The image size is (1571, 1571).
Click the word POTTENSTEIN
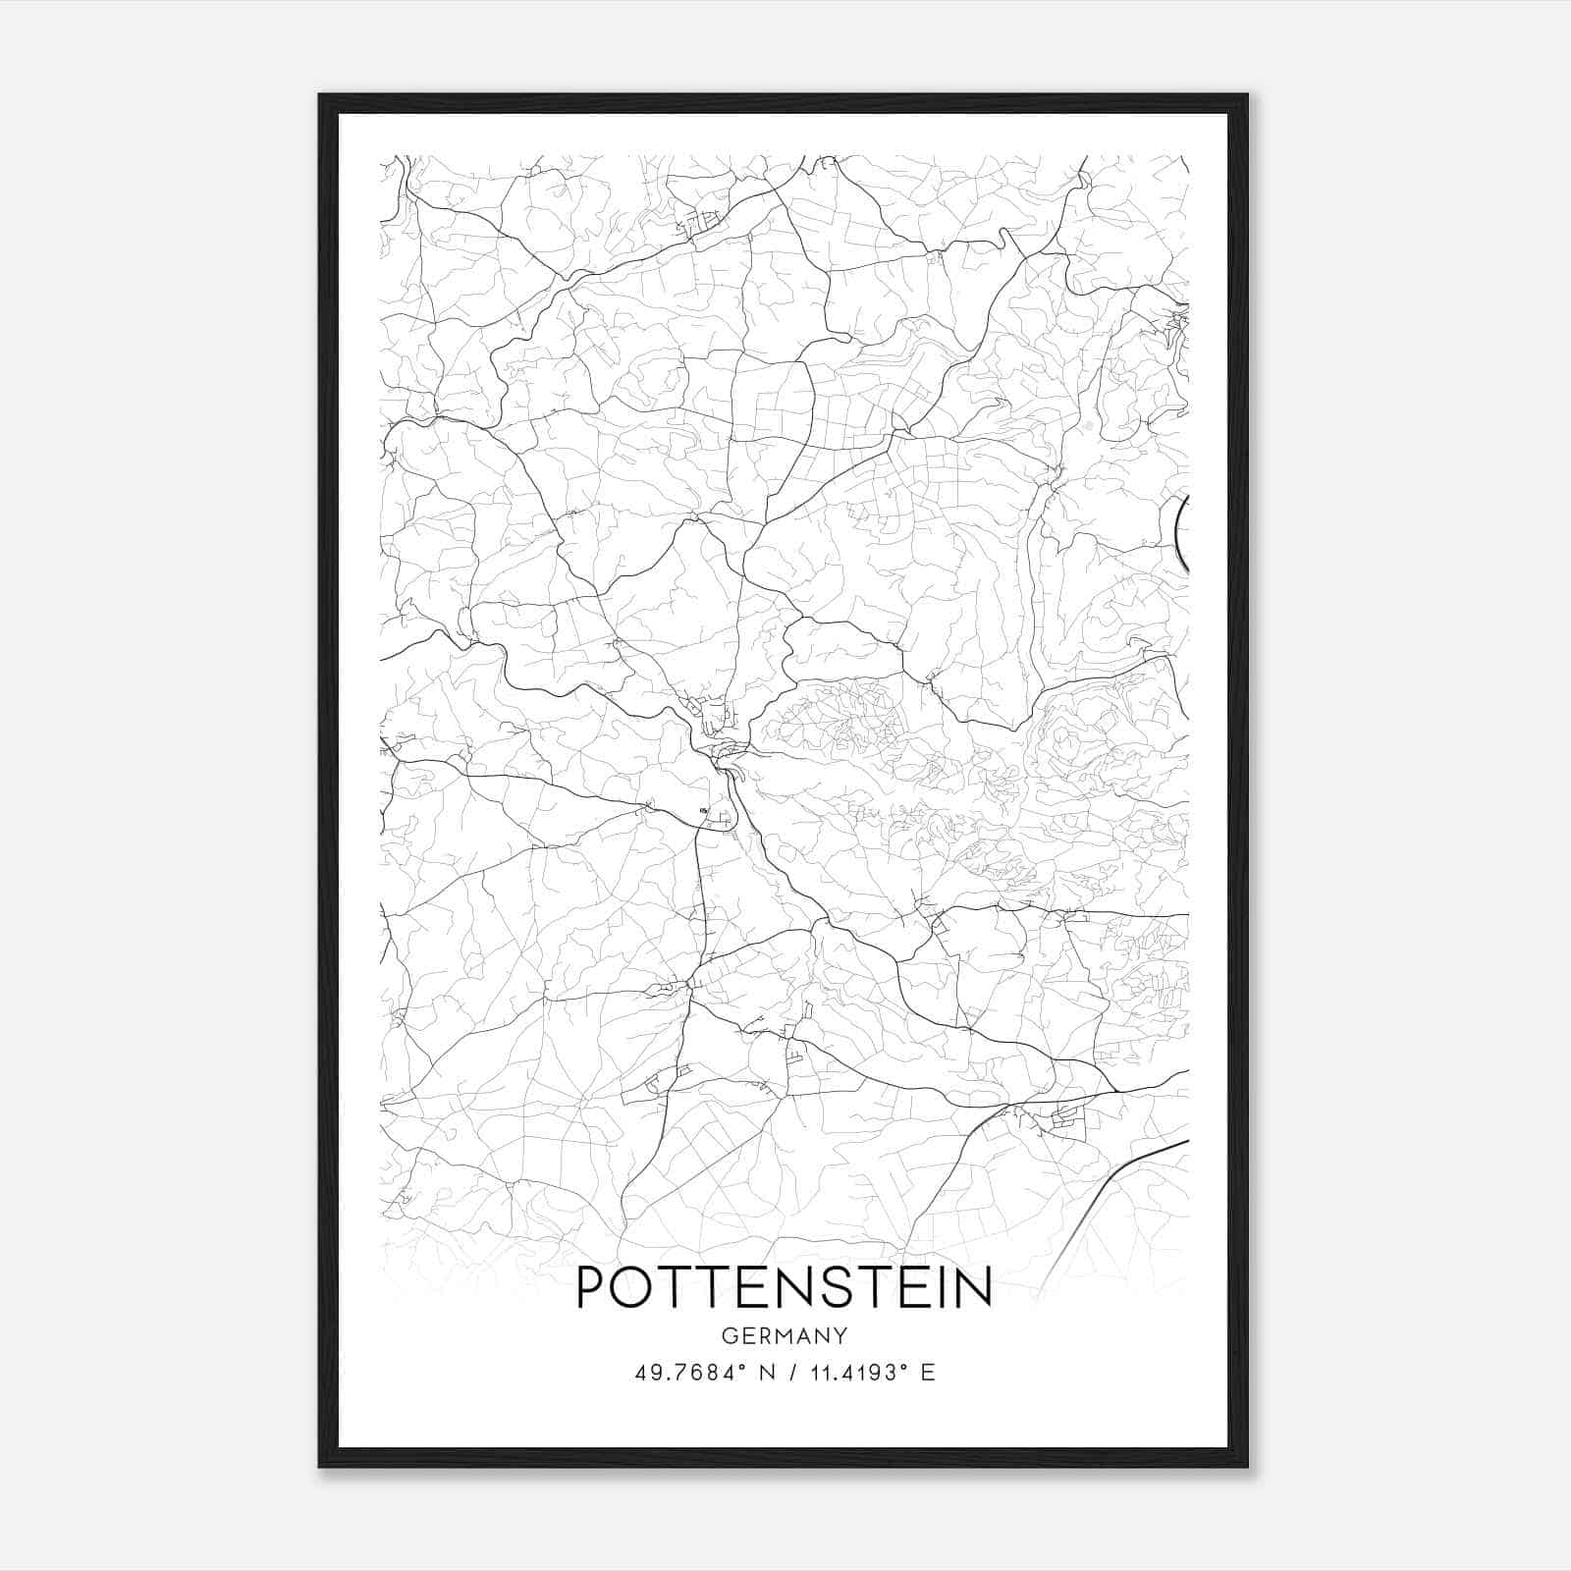784,1288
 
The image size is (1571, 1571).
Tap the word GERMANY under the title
785,1336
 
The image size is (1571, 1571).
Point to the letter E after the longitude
928,1373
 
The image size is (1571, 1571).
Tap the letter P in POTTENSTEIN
590,1288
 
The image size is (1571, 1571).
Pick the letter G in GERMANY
729,1336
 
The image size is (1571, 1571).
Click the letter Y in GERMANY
841,1336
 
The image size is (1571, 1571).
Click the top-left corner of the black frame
321,96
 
